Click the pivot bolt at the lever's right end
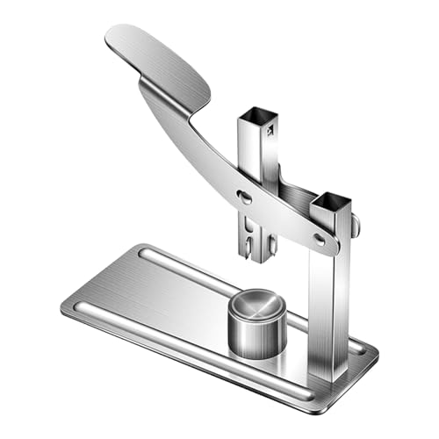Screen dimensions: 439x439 [320, 238]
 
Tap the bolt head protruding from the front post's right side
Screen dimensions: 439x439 [356, 227]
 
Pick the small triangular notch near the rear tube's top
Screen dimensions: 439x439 [270, 130]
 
